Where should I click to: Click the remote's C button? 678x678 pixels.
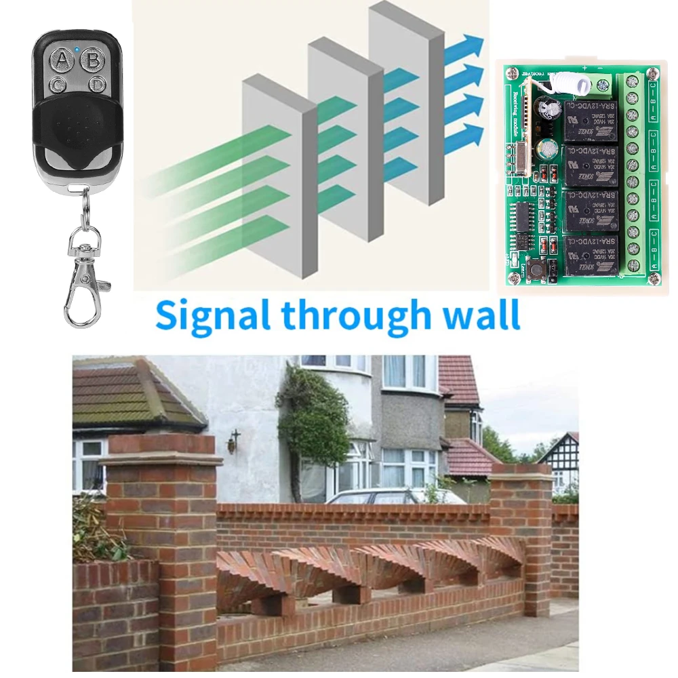[58, 85]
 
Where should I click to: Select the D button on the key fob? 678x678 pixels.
[97, 85]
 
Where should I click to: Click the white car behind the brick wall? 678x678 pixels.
[393, 496]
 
